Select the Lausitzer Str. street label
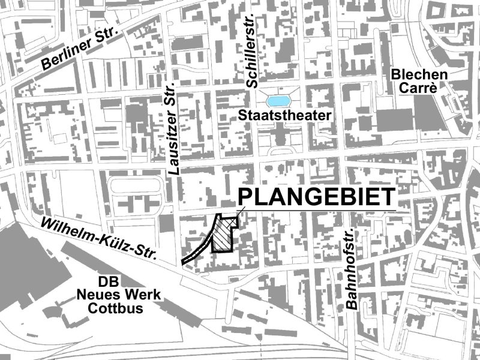click(x=173, y=127)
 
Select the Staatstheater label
click(x=284, y=115)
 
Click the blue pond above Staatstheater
click(x=281, y=100)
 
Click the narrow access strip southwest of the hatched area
click(x=195, y=256)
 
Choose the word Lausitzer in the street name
click(x=173, y=142)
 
